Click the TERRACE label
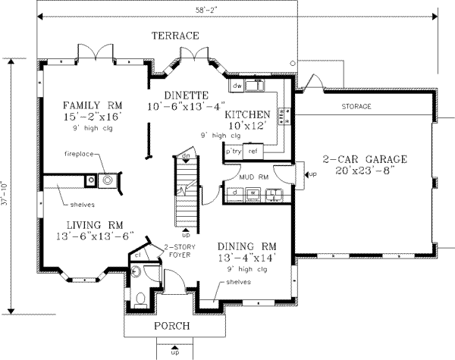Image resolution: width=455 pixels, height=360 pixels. (x=174, y=36)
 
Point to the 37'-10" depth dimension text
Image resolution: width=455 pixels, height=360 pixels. (x=9, y=181)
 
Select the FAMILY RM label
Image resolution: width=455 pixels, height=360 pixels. (x=93, y=105)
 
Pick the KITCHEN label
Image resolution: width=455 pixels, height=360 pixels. (x=247, y=114)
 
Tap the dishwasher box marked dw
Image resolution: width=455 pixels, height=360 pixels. (x=237, y=86)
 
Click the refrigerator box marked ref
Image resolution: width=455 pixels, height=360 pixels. (x=253, y=152)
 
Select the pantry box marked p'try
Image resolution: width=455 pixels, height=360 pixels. (x=233, y=152)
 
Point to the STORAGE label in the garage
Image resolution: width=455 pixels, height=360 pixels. (x=356, y=107)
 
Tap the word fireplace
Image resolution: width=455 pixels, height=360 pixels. (x=78, y=154)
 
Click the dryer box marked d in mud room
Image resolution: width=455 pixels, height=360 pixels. (x=237, y=194)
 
